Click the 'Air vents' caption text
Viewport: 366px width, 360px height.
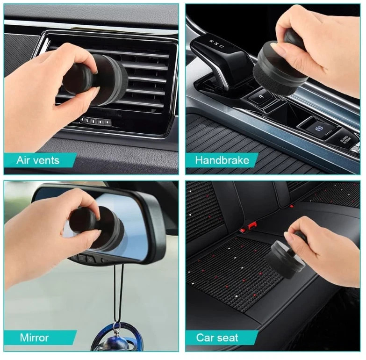coord(38,160)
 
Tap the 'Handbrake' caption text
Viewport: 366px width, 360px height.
coord(222,160)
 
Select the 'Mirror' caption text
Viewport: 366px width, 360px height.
coord(34,338)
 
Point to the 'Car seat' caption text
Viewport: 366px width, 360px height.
coord(217,338)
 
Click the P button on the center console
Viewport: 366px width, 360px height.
coord(261,97)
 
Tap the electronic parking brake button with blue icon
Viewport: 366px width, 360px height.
coord(318,128)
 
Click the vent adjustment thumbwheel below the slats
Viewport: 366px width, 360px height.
coord(96,122)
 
